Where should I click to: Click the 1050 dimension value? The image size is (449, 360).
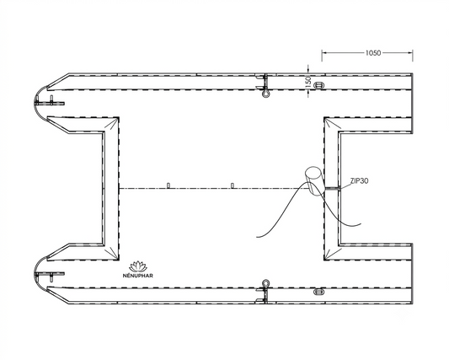click(x=373, y=53)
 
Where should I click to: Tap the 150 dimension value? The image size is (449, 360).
click(x=308, y=81)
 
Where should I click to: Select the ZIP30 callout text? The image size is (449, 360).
click(x=360, y=181)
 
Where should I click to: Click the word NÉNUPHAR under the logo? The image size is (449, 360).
click(x=138, y=276)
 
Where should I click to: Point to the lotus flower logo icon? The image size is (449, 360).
click(x=138, y=266)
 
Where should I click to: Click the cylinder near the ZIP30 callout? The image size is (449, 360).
click(x=314, y=181)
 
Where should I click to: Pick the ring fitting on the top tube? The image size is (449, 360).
click(x=265, y=93)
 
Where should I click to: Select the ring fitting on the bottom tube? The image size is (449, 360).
click(x=265, y=283)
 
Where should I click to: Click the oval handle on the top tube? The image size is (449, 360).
click(x=318, y=85)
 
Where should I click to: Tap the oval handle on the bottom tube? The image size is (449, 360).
click(x=318, y=292)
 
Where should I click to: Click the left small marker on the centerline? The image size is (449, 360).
click(x=168, y=185)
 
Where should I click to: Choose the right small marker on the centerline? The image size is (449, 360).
click(x=233, y=185)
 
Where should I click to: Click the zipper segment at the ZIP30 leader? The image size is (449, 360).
click(x=332, y=189)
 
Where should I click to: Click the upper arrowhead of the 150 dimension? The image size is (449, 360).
click(x=308, y=71)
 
